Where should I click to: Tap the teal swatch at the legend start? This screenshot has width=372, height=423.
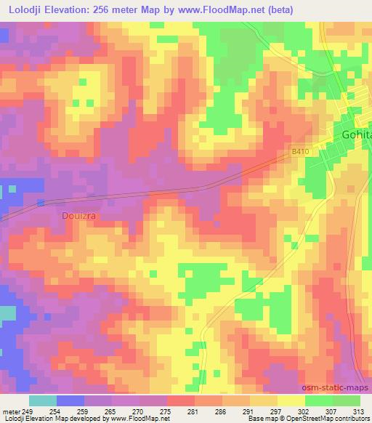pos(43,400)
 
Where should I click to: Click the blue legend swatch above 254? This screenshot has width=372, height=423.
pos(70,400)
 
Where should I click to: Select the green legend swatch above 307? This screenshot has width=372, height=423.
pos(319,400)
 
